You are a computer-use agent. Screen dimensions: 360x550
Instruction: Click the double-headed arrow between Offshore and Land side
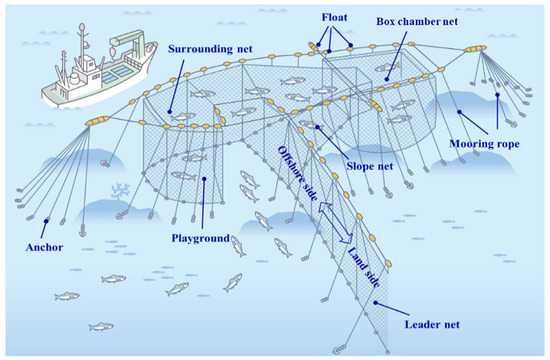(334, 229)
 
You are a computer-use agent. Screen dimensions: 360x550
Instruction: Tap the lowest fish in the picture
(101, 326)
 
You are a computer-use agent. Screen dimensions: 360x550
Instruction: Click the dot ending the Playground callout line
(204, 180)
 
